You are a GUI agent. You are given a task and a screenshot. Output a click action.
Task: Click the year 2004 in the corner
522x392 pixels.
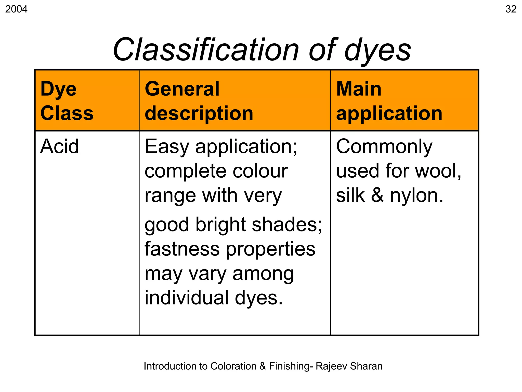pyautogui.click(x=16, y=9)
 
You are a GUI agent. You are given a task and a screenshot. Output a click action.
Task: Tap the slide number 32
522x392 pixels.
pyautogui.click(x=511, y=9)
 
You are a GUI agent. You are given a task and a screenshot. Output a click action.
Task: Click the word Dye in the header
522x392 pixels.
pyautogui.click(x=58, y=89)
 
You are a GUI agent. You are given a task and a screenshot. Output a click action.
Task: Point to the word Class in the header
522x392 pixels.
pyautogui.click(x=67, y=113)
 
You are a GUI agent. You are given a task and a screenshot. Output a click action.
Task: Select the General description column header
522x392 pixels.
pyautogui.click(x=199, y=101)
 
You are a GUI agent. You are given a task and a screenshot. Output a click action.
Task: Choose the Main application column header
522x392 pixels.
pyautogui.click(x=389, y=101)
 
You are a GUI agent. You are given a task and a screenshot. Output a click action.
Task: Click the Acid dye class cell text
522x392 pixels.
pyautogui.click(x=59, y=146)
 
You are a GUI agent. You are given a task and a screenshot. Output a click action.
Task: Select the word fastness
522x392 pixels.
pyautogui.click(x=182, y=249)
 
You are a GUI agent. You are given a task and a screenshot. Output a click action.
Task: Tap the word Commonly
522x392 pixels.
pyautogui.click(x=384, y=147)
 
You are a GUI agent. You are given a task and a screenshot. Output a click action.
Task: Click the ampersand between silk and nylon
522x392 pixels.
pyautogui.click(x=377, y=195)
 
